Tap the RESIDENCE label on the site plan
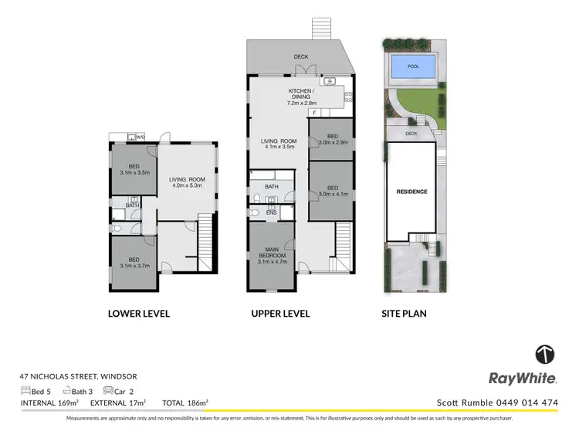pos(411,192)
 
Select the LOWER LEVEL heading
pos(139,314)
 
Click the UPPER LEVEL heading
pos(279,314)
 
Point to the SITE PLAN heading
pos(405,314)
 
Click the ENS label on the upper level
pos(271,212)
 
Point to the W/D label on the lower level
pos(140,138)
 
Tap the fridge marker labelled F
pos(315,113)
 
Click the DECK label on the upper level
pos(301,56)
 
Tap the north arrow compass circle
pos(545,355)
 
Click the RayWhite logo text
pos(523,378)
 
